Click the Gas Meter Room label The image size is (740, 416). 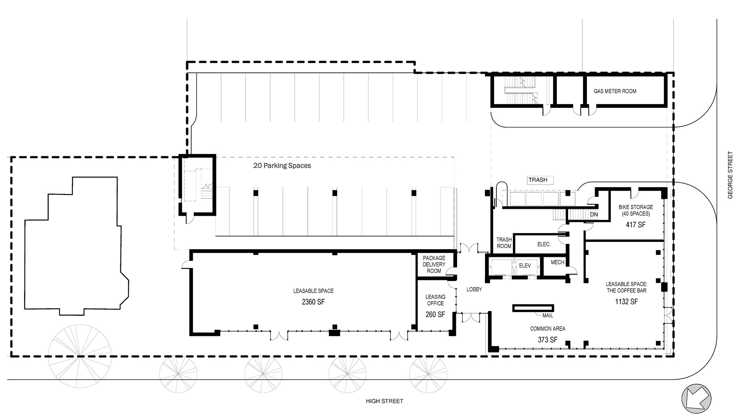click(x=615, y=91)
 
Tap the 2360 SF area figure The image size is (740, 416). click(x=313, y=302)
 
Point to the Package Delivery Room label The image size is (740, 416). click(x=434, y=264)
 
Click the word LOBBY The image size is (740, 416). click(x=474, y=289)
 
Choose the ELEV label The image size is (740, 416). click(x=525, y=265)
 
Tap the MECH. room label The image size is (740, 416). click(x=558, y=262)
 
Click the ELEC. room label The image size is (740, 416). click(x=544, y=244)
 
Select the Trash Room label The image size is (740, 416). click(x=504, y=243)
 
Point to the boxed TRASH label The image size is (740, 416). click(x=538, y=180)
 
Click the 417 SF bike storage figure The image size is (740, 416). click(x=636, y=225)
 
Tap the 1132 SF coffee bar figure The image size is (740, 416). click(x=626, y=302)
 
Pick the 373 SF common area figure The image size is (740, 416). click(x=548, y=340)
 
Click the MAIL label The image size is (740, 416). click(x=547, y=315)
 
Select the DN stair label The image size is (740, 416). click(x=594, y=214)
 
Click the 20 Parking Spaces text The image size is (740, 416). click(x=282, y=166)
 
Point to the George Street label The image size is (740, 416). click(x=730, y=175)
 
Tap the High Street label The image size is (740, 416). click(x=384, y=401)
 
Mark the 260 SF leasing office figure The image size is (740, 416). click(x=436, y=315)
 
